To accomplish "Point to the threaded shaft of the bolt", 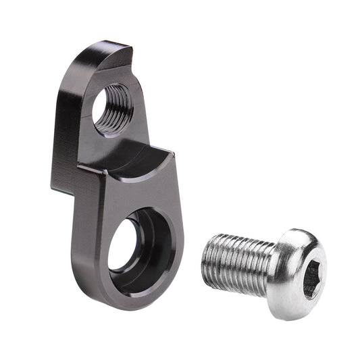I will [x=236, y=260].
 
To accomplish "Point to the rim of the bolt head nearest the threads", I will [x=277, y=270].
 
